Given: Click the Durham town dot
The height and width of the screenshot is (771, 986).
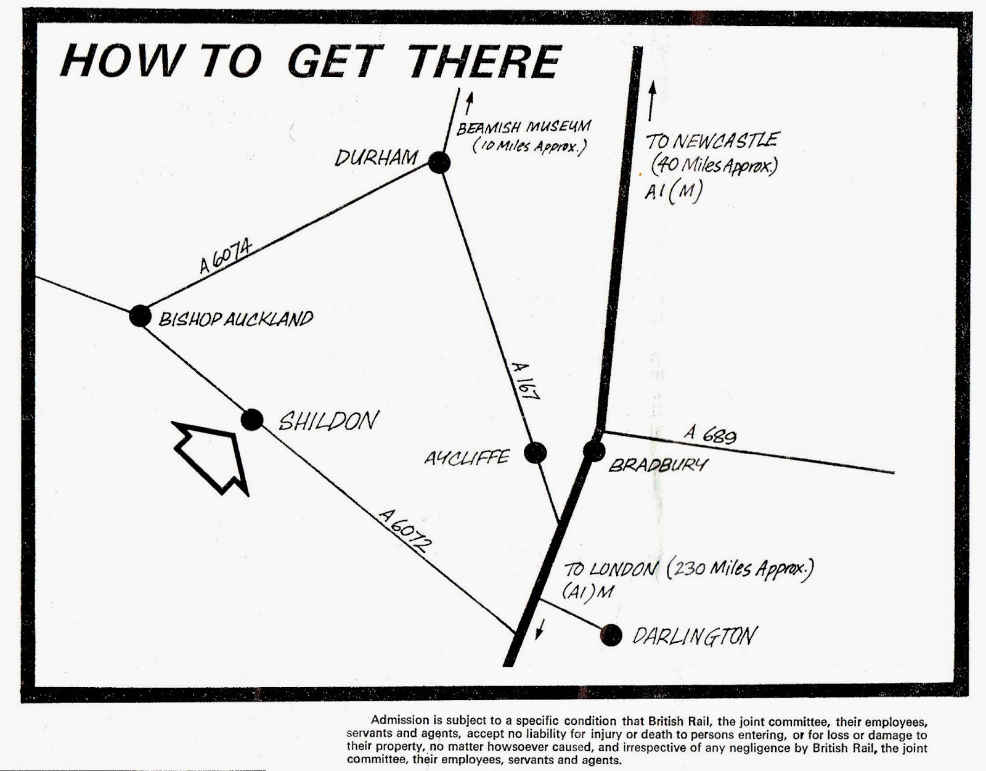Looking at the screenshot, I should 439,163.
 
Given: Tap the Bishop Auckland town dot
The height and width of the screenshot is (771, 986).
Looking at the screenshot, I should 140,316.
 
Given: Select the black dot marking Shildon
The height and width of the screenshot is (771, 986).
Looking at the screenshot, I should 251,420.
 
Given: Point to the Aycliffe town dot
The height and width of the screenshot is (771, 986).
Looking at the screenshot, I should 535,453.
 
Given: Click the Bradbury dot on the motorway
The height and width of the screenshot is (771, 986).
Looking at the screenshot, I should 594,451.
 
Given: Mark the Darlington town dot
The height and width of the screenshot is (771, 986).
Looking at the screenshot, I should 611,634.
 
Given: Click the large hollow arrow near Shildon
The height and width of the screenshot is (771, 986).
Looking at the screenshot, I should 212,455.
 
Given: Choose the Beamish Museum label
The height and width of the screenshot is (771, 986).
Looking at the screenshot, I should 523,127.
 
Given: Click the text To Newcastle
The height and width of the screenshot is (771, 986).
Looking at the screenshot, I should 711,141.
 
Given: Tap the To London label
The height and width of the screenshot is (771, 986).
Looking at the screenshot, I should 609,568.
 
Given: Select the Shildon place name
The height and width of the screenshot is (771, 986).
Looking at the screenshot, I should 328,421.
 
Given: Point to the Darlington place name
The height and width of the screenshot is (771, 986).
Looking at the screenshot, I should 693,635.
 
